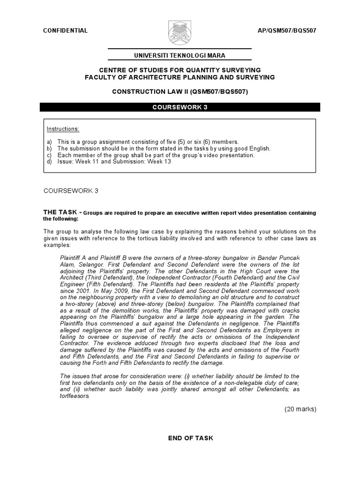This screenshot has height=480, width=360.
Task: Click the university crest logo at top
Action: click(x=180, y=34)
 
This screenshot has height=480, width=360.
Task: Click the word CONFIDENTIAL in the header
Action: click(x=65, y=30)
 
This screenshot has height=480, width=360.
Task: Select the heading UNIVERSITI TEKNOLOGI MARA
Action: click(x=180, y=55)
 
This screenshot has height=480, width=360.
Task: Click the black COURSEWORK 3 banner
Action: click(x=180, y=107)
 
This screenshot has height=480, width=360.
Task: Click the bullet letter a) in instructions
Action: click(x=49, y=142)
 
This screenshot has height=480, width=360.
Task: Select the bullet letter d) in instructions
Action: click(x=49, y=162)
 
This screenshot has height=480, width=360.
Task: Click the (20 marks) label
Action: click(x=300, y=409)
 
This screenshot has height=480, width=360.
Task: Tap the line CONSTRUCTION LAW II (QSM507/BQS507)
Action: click(x=180, y=92)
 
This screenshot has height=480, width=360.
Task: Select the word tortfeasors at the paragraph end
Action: click(x=75, y=395)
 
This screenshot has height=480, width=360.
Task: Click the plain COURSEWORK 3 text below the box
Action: click(x=71, y=191)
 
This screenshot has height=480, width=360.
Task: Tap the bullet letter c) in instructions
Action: click(x=49, y=155)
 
